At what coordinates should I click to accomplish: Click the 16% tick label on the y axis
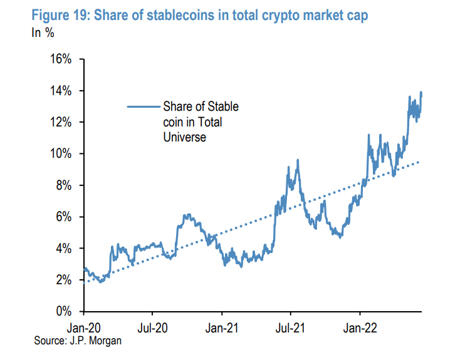[x=61, y=59]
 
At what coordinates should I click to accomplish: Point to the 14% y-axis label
[x=61, y=91]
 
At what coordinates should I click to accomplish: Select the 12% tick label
[x=61, y=122]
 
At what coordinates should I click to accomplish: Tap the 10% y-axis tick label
[x=61, y=154]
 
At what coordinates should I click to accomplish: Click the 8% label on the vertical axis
[x=64, y=185]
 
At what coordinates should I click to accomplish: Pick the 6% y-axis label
[x=64, y=217]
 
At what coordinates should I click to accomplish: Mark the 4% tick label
[x=64, y=249]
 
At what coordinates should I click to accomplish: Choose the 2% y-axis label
[x=64, y=280]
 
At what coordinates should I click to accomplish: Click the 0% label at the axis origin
[x=64, y=311]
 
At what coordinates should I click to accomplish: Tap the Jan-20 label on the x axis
[x=85, y=326]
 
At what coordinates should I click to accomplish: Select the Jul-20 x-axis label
[x=153, y=326]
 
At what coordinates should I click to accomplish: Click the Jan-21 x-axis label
[x=222, y=326]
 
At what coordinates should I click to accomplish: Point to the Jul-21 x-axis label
[x=291, y=326]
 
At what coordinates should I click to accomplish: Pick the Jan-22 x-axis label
[x=359, y=326]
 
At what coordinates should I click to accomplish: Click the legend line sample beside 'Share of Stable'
[x=142, y=107]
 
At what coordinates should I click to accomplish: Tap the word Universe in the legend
[x=185, y=136]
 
